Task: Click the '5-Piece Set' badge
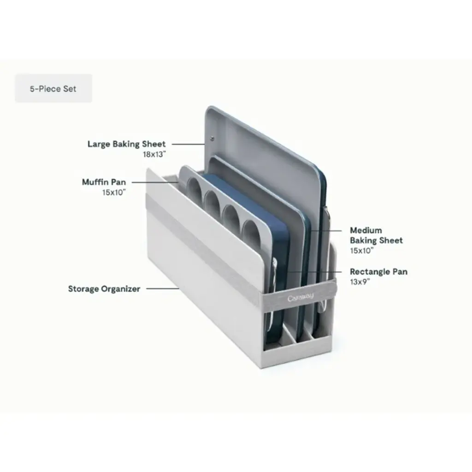[53, 88]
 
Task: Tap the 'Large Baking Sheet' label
[126, 144]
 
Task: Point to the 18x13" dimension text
[154, 154]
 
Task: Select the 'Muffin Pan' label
[104, 182]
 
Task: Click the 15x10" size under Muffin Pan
[114, 192]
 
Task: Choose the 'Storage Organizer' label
[104, 289]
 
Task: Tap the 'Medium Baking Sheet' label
[376, 236]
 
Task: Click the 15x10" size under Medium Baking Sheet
[361, 250]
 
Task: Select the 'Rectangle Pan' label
[378, 272]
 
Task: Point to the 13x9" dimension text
[360, 282]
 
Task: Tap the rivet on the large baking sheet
[212, 138]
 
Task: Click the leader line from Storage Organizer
[163, 289]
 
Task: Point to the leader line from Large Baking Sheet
[188, 144]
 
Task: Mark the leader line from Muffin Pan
[155, 183]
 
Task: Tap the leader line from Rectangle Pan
[314, 271]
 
